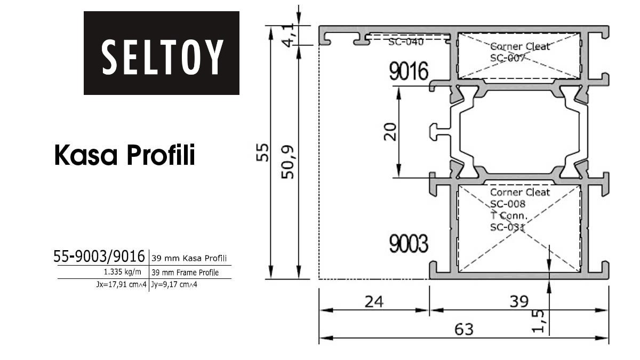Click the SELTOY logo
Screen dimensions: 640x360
(x=162, y=53)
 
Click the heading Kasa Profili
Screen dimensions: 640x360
(x=125, y=155)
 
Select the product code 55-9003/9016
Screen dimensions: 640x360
(x=99, y=256)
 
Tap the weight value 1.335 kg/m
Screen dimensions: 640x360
(x=122, y=271)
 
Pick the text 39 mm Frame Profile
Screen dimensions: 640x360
(x=185, y=273)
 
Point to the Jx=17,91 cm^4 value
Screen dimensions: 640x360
(x=122, y=285)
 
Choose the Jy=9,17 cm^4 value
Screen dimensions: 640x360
(x=174, y=285)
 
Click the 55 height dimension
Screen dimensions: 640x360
(x=262, y=153)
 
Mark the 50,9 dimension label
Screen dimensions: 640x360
(x=287, y=162)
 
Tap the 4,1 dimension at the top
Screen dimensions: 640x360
(x=287, y=35)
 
